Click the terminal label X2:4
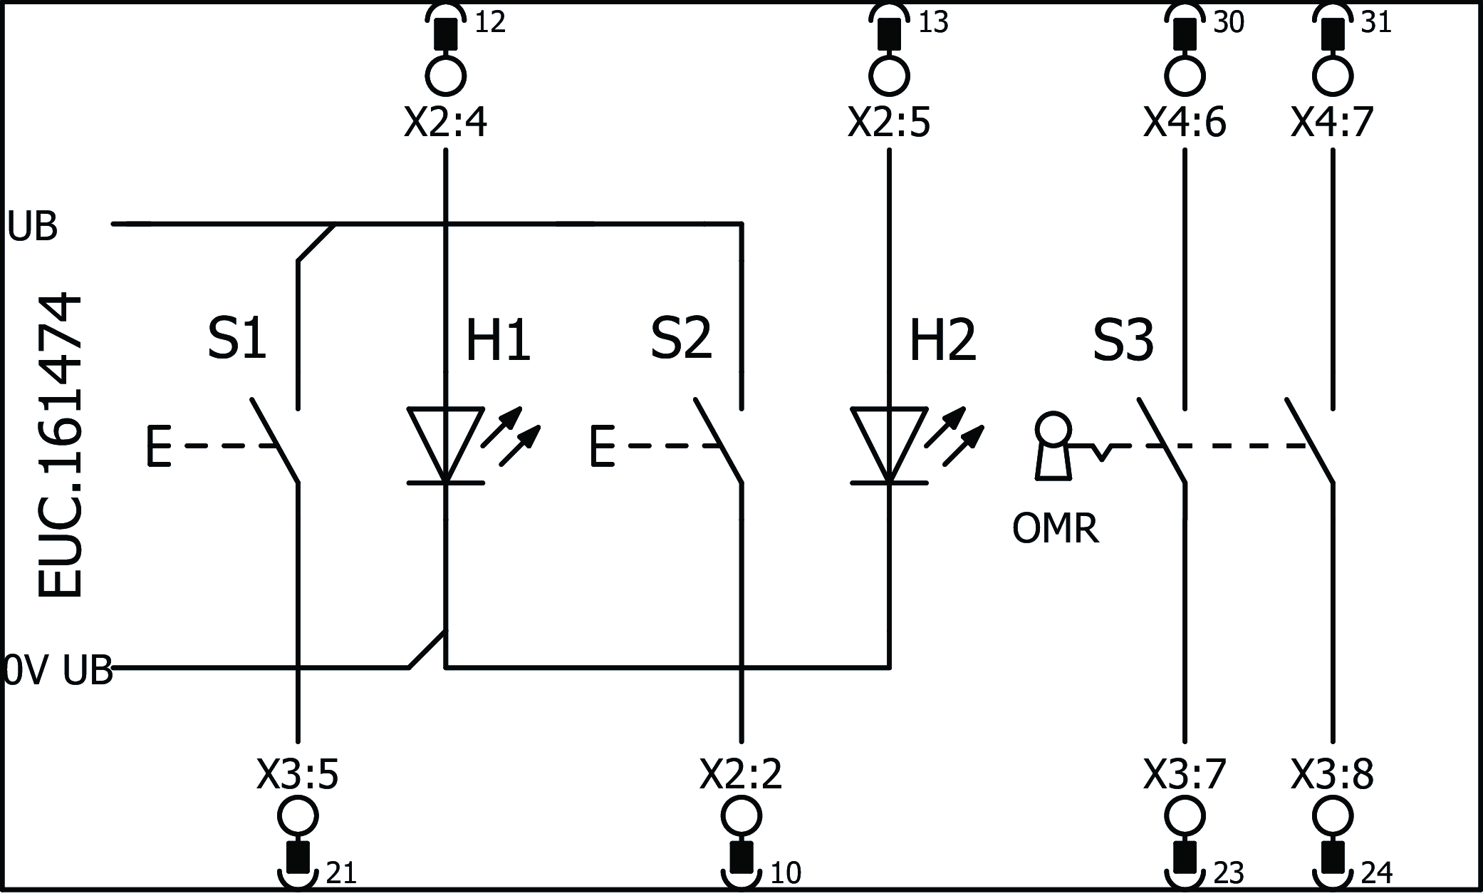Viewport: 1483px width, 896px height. click(x=445, y=123)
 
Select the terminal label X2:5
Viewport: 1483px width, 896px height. click(x=889, y=123)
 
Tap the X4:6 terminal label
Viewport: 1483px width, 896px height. click(x=1185, y=123)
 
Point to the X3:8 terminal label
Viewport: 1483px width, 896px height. click(x=1332, y=774)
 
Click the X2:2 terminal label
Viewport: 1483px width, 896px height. click(x=741, y=774)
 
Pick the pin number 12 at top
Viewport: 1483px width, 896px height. click(x=490, y=23)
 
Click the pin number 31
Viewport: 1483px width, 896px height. click(x=1375, y=23)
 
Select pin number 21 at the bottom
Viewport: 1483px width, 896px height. click(x=340, y=873)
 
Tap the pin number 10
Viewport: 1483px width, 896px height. click(x=786, y=873)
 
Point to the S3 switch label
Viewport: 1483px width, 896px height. click(x=1123, y=340)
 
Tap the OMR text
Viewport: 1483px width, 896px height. click(x=1055, y=530)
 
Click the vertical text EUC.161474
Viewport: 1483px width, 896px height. click(x=60, y=446)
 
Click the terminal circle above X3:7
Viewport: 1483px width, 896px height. click(x=1185, y=815)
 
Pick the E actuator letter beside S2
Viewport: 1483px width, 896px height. click(x=602, y=446)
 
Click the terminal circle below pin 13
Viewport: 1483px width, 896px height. click(x=889, y=74)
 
